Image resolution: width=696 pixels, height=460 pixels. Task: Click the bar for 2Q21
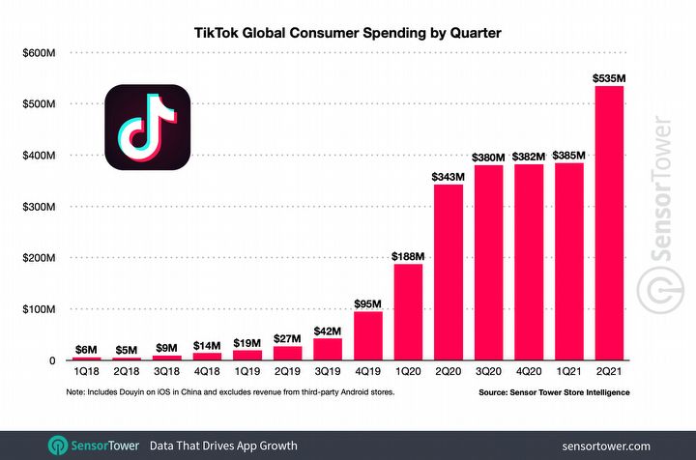coord(609,223)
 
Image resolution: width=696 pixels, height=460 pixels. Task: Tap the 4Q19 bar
coord(367,336)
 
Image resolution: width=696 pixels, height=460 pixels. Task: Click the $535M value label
coord(609,76)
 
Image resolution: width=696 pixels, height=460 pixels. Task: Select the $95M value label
coord(367,302)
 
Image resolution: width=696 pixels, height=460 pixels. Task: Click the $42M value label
coord(328,330)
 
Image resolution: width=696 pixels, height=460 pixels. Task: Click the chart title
coord(349,33)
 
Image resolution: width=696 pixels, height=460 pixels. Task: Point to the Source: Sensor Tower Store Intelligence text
coord(554,392)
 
